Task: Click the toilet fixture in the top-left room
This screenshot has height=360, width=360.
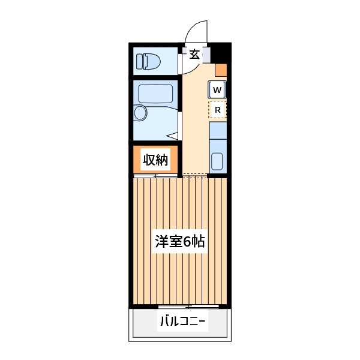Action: [149, 62]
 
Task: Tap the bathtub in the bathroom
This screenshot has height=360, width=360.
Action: [155, 94]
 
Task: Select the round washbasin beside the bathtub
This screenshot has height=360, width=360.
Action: [140, 113]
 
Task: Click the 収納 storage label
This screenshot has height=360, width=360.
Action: [155, 160]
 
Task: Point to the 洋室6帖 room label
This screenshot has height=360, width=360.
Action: [180, 241]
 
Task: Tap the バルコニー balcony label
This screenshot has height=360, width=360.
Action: [182, 321]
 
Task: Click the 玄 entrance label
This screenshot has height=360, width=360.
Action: [194, 55]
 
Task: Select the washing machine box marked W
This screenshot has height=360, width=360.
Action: [217, 89]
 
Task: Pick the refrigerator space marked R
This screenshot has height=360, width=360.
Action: [217, 110]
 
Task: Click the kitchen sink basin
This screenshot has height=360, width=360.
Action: [217, 161]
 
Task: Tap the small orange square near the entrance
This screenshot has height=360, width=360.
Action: [221, 70]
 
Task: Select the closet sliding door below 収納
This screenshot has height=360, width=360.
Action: [155, 176]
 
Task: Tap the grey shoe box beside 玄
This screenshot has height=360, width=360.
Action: [206, 55]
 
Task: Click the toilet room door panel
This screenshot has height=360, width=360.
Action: [180, 64]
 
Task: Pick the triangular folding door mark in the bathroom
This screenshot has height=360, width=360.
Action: [172, 136]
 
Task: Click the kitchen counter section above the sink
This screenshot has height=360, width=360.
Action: [218, 130]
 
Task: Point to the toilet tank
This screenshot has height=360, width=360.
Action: [140, 62]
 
